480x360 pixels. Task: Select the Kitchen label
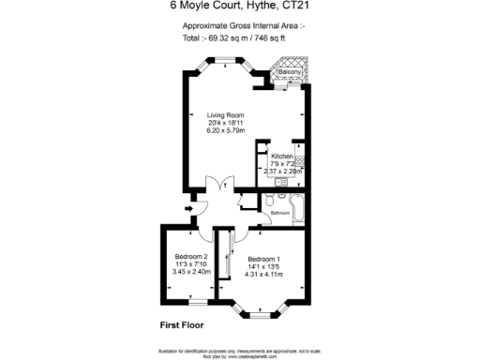tap(282, 156)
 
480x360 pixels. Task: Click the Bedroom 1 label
tap(264, 257)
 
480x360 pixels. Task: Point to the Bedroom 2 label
tap(191, 256)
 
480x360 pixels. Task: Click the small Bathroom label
tap(280, 214)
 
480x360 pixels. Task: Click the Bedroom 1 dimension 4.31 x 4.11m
tap(264, 273)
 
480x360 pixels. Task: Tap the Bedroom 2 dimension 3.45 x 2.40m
tap(191, 272)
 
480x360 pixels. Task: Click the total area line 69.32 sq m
tap(235, 40)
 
